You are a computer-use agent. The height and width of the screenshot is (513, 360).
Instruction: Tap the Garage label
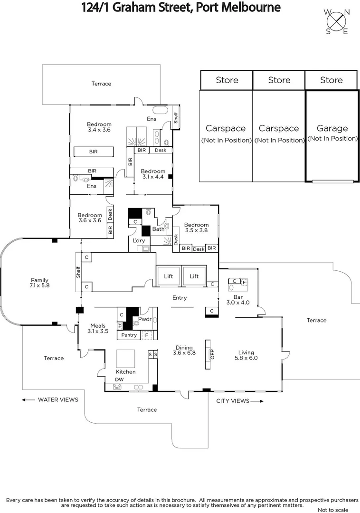332,128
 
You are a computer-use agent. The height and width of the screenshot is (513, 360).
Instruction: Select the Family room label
39,283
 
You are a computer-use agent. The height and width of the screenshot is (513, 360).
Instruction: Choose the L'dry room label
139,241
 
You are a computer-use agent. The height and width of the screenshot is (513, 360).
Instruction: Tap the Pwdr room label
145,319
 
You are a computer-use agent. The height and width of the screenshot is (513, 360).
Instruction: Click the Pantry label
129,335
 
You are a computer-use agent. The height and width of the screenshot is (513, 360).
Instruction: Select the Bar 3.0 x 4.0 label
237,299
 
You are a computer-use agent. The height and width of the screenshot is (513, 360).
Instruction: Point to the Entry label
180,298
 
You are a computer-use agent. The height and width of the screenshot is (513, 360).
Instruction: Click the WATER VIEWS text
58,399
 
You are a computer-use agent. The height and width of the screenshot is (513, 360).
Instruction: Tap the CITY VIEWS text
233,401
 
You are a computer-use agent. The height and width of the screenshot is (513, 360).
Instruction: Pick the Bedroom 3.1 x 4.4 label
153,174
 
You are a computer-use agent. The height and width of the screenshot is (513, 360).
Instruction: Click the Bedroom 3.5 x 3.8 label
196,228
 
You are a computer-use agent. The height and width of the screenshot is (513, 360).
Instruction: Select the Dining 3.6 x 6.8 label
184,350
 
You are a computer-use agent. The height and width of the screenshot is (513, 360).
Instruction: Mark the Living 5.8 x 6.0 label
246,355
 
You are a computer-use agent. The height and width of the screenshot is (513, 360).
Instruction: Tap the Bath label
158,229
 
